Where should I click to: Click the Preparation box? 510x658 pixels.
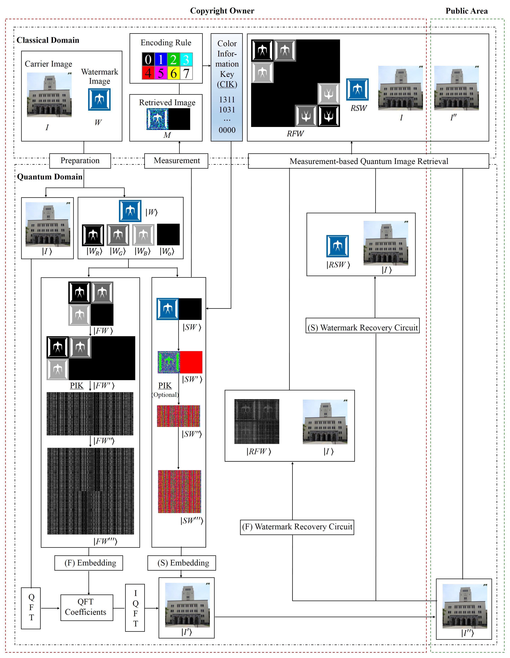pyautogui.click(x=80, y=161)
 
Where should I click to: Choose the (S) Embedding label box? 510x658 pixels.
pyautogui.click(x=182, y=563)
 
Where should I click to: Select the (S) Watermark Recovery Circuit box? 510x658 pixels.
pyautogui.click(x=362, y=327)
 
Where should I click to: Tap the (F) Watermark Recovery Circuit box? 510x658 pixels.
pyautogui.click(x=297, y=527)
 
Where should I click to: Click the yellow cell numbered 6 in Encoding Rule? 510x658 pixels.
pyautogui.click(x=174, y=73)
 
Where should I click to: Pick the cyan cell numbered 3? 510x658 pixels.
pyautogui.click(x=186, y=59)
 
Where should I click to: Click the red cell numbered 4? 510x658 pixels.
pyautogui.click(x=148, y=73)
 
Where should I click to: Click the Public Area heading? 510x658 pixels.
pyautogui.click(x=466, y=11)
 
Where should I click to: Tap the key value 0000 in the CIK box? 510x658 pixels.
pyautogui.click(x=227, y=130)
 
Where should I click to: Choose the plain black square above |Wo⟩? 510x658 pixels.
pyautogui.click(x=168, y=234)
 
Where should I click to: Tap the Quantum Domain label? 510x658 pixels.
pyautogui.click(x=50, y=177)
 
